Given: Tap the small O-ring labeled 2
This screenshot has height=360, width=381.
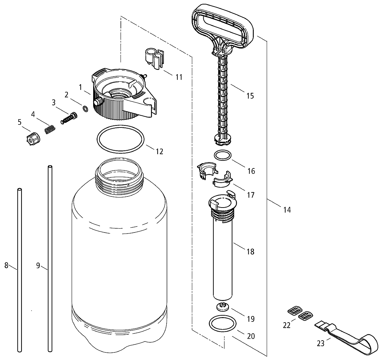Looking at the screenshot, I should click(x=85, y=109).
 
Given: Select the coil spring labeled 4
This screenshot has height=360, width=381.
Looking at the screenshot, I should click(x=50, y=130).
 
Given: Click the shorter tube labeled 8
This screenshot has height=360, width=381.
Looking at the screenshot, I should click(x=19, y=270).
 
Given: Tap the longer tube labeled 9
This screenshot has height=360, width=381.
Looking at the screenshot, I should click(x=51, y=260).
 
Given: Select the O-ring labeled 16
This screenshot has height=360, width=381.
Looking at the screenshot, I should click(x=222, y=155).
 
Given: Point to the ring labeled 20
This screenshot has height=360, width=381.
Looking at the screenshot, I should click(x=222, y=324).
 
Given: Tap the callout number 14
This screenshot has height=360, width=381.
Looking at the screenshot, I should click(x=287, y=210).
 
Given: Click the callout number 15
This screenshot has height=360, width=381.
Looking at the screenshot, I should click(x=250, y=96).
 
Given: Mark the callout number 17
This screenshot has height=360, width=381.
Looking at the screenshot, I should click(x=251, y=195).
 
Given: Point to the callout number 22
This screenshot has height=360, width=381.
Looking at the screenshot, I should click(x=287, y=326).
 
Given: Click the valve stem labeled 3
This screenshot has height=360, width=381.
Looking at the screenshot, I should click(x=68, y=118).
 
